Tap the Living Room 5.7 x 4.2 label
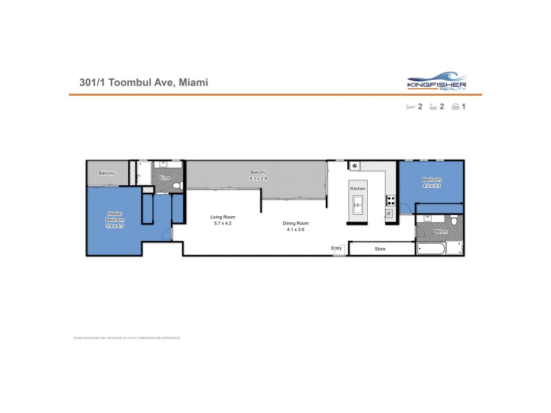tap(223, 220)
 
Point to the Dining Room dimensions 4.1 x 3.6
tap(295, 229)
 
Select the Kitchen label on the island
tap(357, 189)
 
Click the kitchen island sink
tap(358, 202)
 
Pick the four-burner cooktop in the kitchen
tap(391, 201)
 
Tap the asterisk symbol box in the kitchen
tap(355, 166)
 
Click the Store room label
tap(380, 248)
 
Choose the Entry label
tap(337, 248)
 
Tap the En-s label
tap(165, 179)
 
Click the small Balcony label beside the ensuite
tap(107, 173)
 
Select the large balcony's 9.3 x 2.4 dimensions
tap(258, 178)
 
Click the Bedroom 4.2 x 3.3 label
tap(433, 182)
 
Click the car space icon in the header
tap(456, 107)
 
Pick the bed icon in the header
tap(410, 107)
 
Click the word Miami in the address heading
tap(193, 83)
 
